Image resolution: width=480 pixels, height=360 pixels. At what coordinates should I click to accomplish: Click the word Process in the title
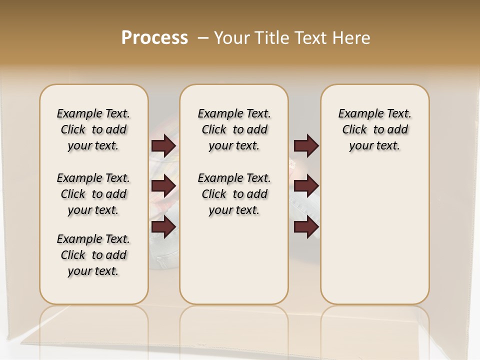pos(154,38)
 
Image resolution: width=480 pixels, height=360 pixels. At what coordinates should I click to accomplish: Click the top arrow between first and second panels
pos(163,145)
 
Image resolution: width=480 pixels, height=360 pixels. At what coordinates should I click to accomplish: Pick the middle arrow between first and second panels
pos(163,186)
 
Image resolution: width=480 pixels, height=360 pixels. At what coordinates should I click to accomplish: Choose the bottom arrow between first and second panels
pos(163,226)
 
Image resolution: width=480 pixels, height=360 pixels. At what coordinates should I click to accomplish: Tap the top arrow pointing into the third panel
pos(306,145)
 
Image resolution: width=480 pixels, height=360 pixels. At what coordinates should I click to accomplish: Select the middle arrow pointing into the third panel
pos(306,186)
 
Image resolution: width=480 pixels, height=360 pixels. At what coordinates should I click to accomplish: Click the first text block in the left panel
pos(93,129)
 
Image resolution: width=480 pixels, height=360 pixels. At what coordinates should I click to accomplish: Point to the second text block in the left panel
pos(93,194)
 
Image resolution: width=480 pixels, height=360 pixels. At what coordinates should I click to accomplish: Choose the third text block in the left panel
pos(93,255)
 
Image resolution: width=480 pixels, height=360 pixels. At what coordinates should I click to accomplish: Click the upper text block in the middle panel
pos(234,129)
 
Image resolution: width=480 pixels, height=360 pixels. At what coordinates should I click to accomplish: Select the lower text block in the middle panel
pos(234,194)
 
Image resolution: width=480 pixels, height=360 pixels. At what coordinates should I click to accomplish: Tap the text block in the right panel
pos(374,129)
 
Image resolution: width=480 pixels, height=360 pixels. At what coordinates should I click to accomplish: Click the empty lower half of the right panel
pos(374,240)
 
